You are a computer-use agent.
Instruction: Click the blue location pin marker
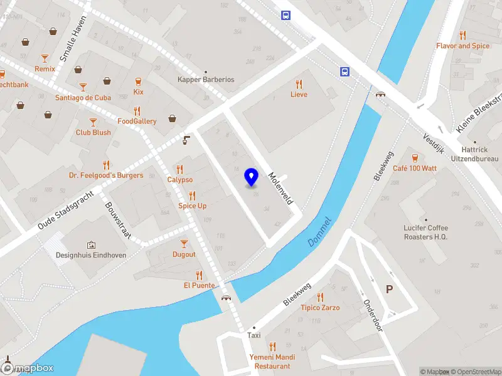click(251, 177)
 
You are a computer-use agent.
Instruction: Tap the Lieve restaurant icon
click(299, 84)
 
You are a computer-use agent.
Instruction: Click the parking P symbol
click(390, 290)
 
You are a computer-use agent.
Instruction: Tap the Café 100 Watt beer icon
click(414, 157)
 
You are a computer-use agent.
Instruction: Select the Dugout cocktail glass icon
click(184, 244)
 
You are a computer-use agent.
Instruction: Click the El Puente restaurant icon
click(199, 274)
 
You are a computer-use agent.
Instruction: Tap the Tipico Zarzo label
click(320, 308)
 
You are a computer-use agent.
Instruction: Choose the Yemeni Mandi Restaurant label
click(272, 362)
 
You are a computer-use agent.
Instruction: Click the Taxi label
click(254, 335)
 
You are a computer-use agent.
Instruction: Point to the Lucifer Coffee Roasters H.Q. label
click(427, 232)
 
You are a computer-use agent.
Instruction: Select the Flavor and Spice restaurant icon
click(462, 35)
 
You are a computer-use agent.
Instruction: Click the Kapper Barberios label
click(206, 80)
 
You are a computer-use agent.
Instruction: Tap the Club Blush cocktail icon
click(93, 122)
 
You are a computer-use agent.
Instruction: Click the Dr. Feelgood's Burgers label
click(106, 175)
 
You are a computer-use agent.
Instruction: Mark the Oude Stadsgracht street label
click(65, 210)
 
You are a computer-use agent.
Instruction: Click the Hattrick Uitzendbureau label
click(474, 155)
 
